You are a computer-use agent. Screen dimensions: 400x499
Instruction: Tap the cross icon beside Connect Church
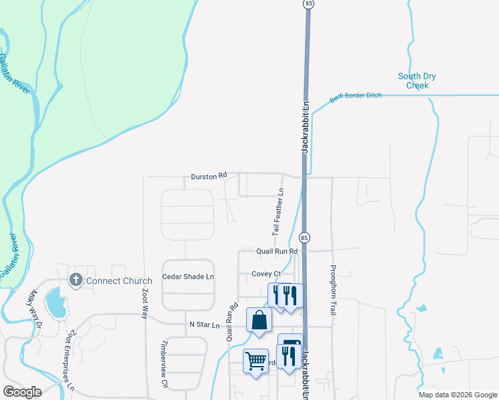pyautogui.click(x=75, y=280)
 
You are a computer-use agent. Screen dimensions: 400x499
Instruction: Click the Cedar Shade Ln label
pyautogui.click(x=188, y=276)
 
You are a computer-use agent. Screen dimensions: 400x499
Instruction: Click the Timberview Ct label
pyautogui.click(x=164, y=365)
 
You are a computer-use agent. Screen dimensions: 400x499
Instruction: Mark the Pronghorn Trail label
pyautogui.click(x=332, y=289)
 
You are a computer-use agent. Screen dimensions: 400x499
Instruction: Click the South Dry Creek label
pyautogui.click(x=417, y=81)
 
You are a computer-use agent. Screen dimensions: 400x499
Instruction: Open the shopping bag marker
pyautogui.click(x=259, y=320)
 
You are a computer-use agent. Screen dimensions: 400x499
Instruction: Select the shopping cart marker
pyautogui.click(x=256, y=361)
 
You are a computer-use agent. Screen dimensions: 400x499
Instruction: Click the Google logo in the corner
pyautogui.click(x=22, y=392)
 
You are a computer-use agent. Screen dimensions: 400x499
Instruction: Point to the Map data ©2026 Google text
pyautogui.click(x=457, y=395)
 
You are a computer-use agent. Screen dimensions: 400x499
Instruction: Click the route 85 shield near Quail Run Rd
pyautogui.click(x=304, y=237)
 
